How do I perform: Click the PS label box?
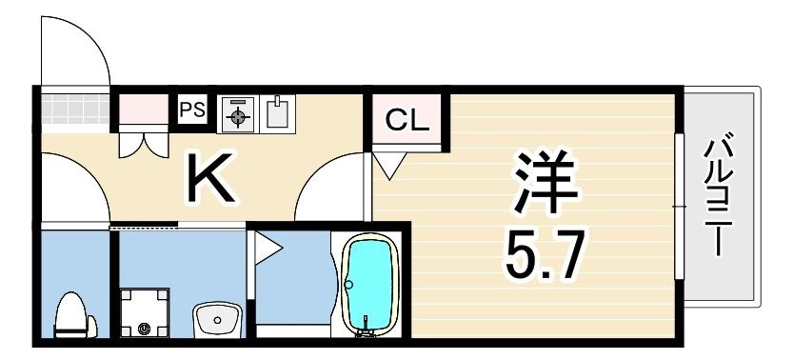coord(192,110)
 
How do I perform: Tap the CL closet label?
coord(407,121)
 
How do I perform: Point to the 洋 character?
coord(545,183)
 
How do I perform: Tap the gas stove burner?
coord(238,116)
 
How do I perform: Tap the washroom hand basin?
coord(217,317)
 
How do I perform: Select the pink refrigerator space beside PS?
coord(142,110)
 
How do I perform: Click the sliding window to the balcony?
coord(680,205)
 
